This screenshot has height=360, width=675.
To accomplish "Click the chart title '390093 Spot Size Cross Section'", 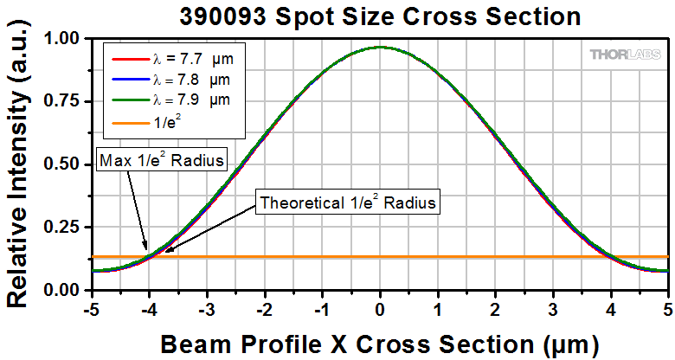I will (x=379, y=15).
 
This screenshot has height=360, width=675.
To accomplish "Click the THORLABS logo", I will (x=625, y=55).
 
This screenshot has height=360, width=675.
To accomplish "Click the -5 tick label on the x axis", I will (x=89, y=307).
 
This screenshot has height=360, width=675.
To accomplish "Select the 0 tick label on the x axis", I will (x=380, y=307).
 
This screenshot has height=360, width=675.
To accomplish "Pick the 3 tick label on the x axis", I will (x=553, y=307).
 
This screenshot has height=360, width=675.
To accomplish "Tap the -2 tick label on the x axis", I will (x=262, y=307).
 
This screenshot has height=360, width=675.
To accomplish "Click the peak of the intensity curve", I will (x=380, y=47).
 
